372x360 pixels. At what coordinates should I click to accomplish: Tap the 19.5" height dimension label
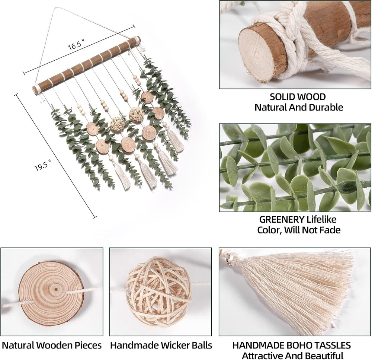click(43, 166)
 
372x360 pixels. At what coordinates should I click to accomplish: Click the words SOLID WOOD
click(298, 97)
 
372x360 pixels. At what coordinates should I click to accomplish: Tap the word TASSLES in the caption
click(332, 345)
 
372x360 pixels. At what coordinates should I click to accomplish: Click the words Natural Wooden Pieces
click(52, 345)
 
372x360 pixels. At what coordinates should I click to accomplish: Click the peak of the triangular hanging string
click(55, 8)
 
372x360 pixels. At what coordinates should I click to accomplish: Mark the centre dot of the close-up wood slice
click(56, 290)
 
